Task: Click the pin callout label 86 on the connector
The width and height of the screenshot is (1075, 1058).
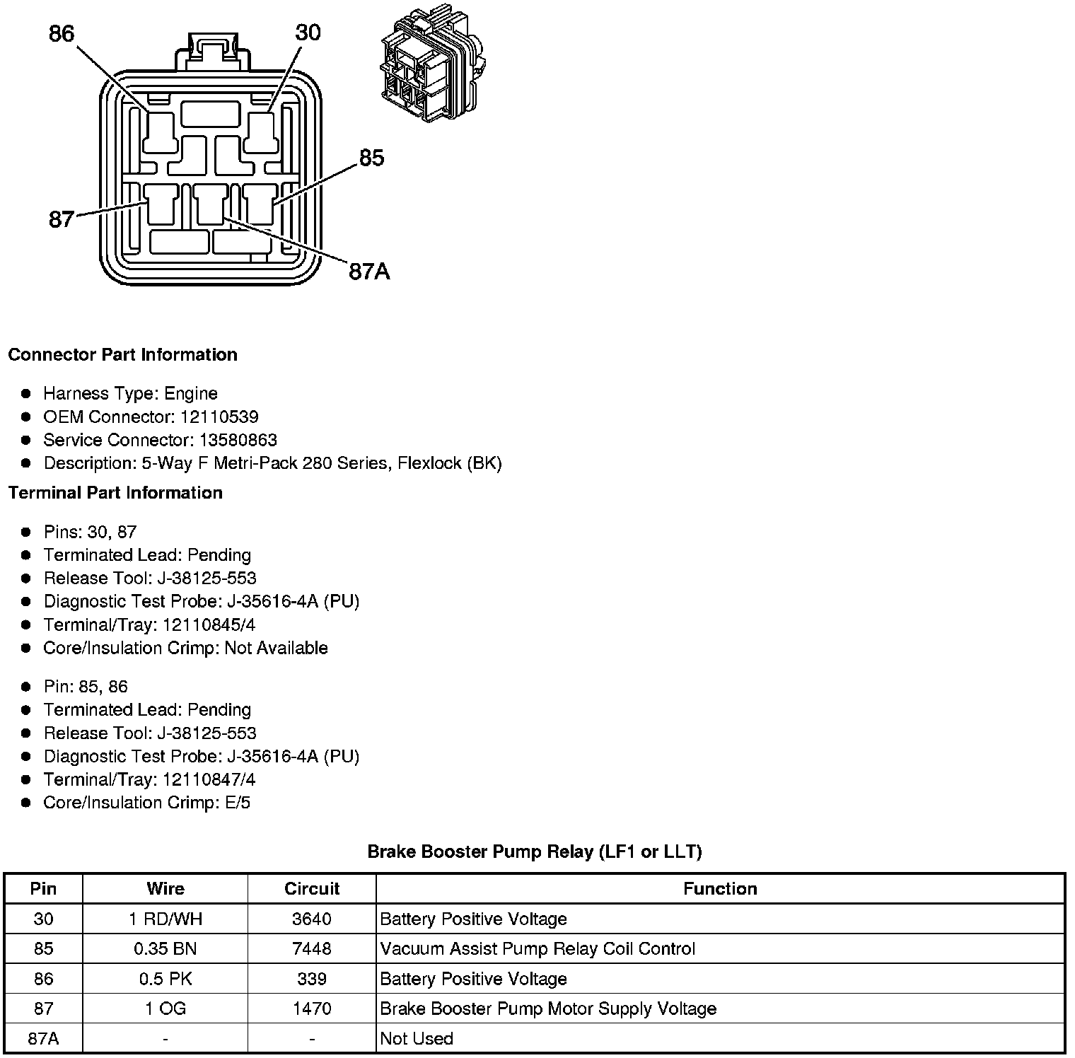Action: coord(62,33)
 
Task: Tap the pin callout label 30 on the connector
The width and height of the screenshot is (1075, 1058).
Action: coord(308,33)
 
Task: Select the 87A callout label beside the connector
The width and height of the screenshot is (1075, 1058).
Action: coord(369,272)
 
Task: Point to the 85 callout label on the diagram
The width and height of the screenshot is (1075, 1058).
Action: coord(371,158)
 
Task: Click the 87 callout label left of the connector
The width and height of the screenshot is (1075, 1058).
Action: coord(61,220)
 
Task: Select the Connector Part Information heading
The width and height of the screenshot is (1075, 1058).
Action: coord(122,354)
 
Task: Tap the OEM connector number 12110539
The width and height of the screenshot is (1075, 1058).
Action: coord(219,417)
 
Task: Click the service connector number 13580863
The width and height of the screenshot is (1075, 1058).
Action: coord(238,441)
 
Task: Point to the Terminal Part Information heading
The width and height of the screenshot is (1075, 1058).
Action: coord(115,493)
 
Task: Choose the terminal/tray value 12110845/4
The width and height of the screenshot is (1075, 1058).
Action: coord(209,625)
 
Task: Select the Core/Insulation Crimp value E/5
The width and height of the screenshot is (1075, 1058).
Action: coord(237,803)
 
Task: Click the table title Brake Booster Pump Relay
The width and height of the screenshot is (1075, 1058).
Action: coord(534,851)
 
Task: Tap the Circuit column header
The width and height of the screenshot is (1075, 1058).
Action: coord(311,889)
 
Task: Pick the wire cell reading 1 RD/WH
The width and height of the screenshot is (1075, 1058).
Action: coord(165,919)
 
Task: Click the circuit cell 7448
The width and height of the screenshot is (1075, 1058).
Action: coord(311,949)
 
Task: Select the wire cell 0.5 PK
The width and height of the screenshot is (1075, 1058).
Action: coord(165,979)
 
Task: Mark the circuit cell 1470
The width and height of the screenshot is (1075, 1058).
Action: coord(311,1008)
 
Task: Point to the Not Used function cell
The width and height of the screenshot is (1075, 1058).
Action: coord(416,1038)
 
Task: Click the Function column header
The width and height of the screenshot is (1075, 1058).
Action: coord(719,889)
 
